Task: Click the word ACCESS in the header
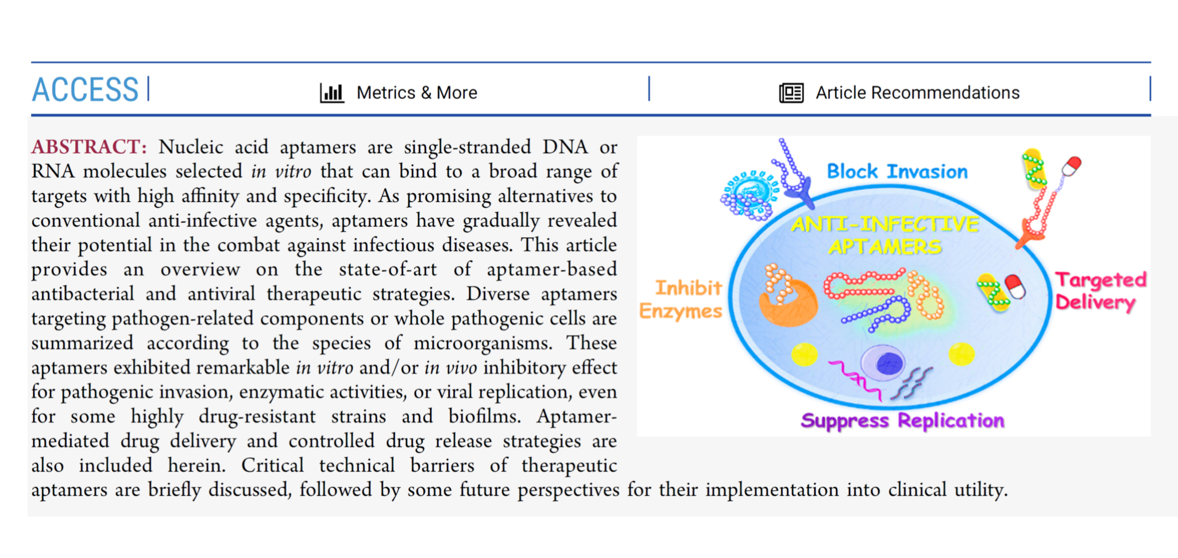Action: [x=85, y=90]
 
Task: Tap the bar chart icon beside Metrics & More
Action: [x=332, y=92]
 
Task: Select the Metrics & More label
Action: [x=416, y=92]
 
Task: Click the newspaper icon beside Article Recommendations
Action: [x=791, y=92]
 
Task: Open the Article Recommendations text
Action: [x=917, y=92]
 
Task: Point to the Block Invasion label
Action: [x=897, y=171]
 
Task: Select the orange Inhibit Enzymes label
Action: [x=682, y=299]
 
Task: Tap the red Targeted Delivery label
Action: [x=1100, y=291]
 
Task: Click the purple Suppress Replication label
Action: [x=902, y=421]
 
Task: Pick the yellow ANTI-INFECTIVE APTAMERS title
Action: [x=885, y=235]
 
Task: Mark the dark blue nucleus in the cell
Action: [x=888, y=363]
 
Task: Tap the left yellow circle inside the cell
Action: [x=804, y=354]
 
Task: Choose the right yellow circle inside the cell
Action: [x=961, y=354]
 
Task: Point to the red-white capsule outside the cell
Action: [x=1071, y=166]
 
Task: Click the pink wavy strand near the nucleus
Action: [x=855, y=378]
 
